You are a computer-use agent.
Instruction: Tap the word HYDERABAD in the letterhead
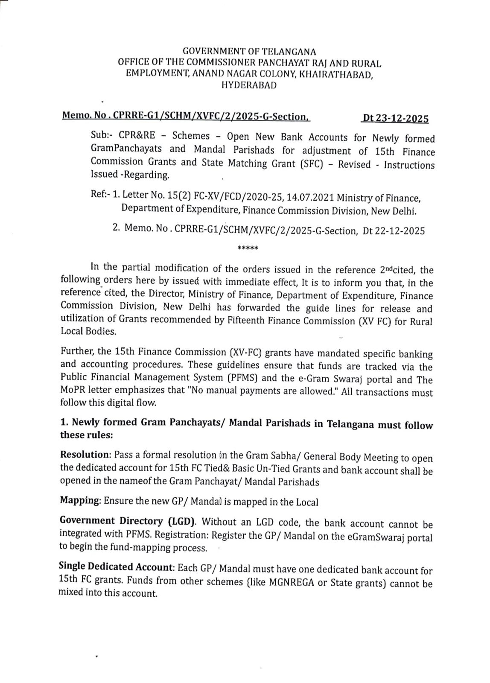pos(248,85)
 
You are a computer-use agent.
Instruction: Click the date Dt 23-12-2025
pos(395,118)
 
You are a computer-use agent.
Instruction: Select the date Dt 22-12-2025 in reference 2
pos(394,231)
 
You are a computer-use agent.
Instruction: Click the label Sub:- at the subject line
pos(101,135)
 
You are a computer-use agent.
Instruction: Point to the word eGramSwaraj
pos(374,537)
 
